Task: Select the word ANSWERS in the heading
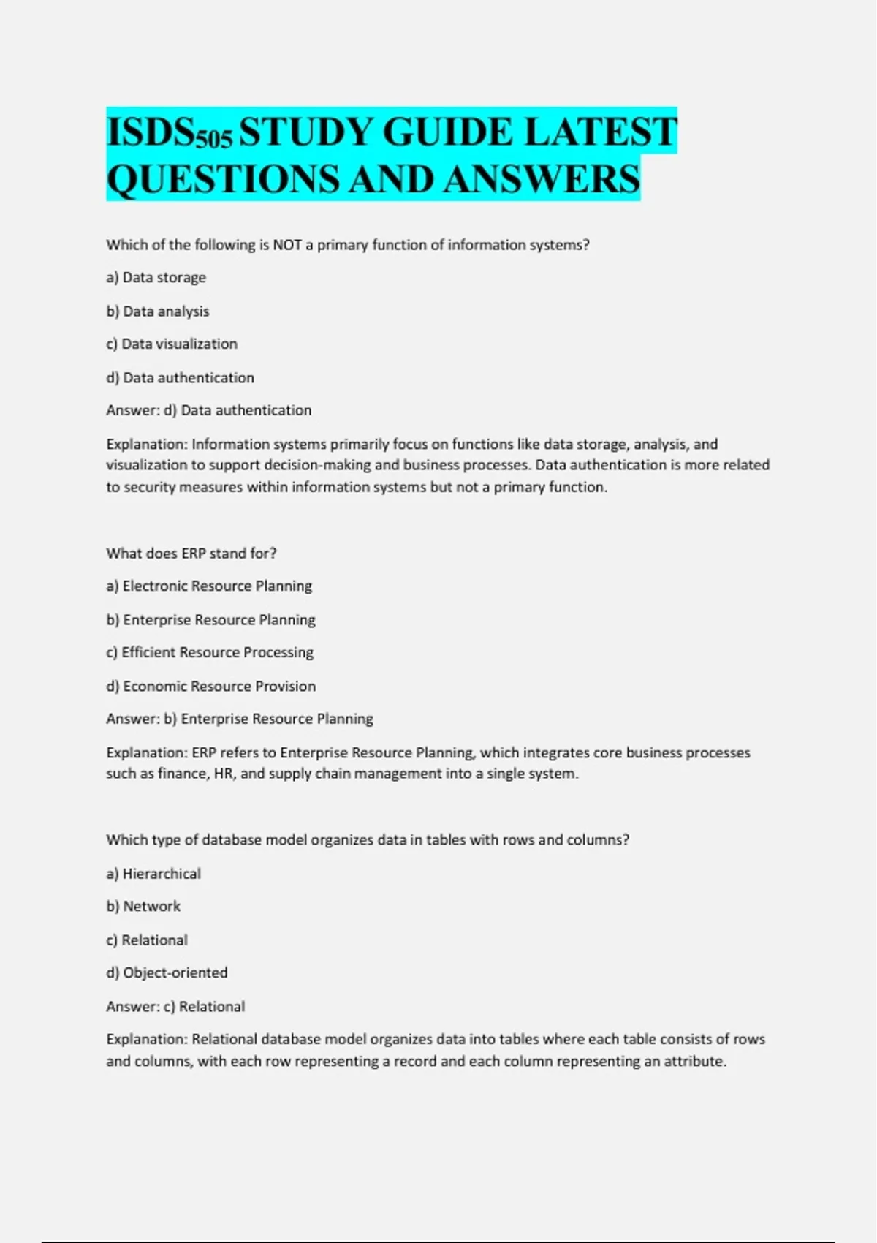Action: [x=541, y=179]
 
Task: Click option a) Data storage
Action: [x=156, y=278]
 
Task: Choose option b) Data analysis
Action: [x=158, y=311]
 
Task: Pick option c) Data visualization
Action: [x=172, y=344]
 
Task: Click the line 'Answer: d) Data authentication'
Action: [x=209, y=411]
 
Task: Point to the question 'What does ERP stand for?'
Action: [x=191, y=554]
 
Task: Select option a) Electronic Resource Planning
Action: [x=209, y=586]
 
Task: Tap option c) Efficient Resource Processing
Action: [x=210, y=653]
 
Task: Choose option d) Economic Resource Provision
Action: [x=211, y=687]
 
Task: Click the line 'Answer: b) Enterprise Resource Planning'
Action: [x=240, y=719]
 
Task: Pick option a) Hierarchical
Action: [x=153, y=874]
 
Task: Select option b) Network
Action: [x=143, y=907]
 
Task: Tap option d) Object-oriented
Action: [x=167, y=973]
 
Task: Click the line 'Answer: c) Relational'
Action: [x=175, y=1007]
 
